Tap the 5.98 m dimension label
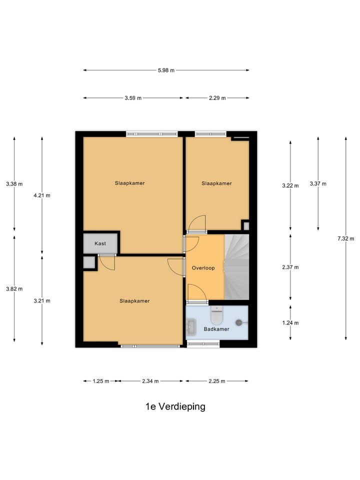click(x=166, y=70)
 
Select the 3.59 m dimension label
click(x=133, y=98)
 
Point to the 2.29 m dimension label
click(x=217, y=98)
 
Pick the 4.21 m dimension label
click(x=42, y=195)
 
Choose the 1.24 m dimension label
click(x=290, y=322)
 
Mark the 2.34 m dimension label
click(x=150, y=381)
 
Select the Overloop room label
click(x=203, y=268)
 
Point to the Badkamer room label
click(x=216, y=329)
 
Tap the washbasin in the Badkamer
click(x=192, y=327)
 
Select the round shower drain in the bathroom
click(x=239, y=322)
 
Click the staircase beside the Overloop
click(x=236, y=267)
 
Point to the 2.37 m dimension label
click(x=290, y=267)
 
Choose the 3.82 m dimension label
click(x=14, y=289)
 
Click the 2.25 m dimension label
click(x=217, y=381)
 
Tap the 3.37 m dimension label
click(x=318, y=183)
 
